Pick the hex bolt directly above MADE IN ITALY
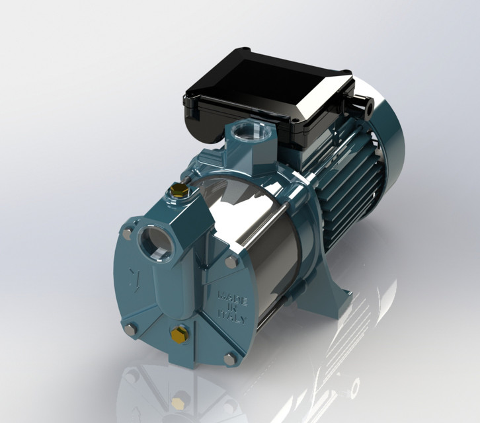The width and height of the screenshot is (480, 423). pos(232,262)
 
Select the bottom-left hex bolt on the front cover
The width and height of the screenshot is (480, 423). pos(129,327)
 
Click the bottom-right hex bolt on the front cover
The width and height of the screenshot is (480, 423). pos(229,359)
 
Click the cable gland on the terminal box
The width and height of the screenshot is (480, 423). pos(362,104)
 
